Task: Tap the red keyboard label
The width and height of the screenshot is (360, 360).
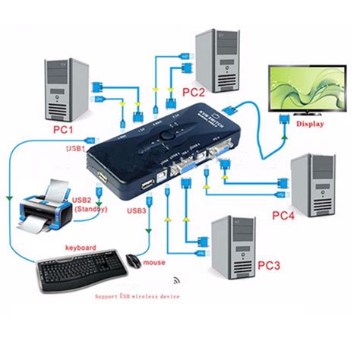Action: point(80,248)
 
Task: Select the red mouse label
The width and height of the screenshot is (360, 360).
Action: point(155,263)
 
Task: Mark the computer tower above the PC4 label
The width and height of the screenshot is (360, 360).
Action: point(313,183)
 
